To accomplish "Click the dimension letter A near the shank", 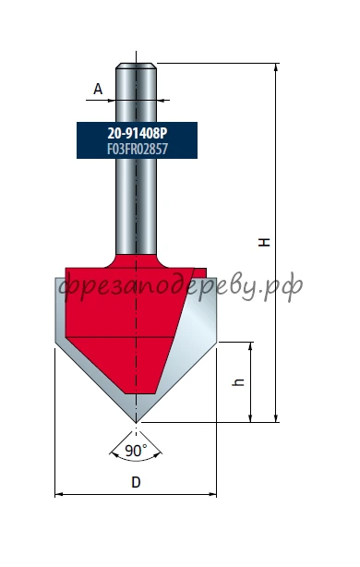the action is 98,89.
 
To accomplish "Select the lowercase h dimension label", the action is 238,382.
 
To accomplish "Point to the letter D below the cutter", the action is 136,482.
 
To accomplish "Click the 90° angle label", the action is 136,451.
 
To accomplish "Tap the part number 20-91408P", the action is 138,133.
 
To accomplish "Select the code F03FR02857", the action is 138,149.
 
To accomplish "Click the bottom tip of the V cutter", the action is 136,422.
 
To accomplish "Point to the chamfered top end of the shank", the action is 136,66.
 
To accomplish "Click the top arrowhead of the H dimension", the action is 276,66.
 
